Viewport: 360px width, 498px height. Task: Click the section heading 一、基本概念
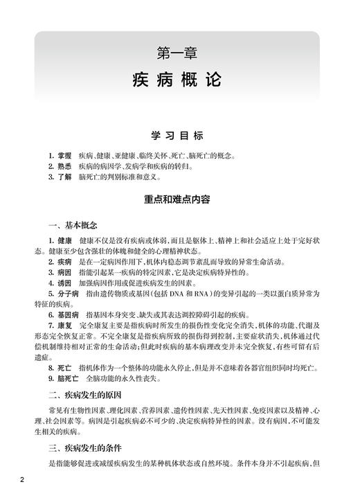[74, 226]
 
